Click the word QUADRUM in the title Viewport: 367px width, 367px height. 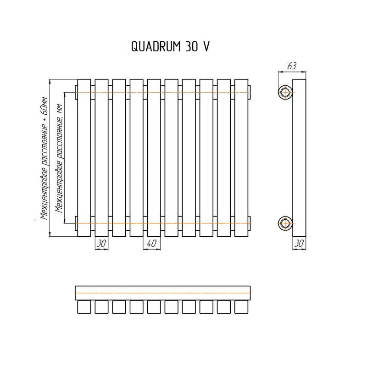(x=156, y=46)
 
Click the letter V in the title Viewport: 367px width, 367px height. (x=206, y=46)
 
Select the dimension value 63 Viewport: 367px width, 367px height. (x=292, y=66)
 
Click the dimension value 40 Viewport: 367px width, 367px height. (x=152, y=244)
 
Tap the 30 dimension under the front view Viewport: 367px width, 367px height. (x=101, y=244)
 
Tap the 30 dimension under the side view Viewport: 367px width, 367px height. (x=299, y=244)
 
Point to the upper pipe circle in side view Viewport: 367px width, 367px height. (x=285, y=92)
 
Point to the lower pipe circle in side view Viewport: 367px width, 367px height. (x=285, y=223)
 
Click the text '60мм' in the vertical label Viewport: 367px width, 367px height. (x=45, y=106)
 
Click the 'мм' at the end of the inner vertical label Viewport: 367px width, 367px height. (x=60, y=109)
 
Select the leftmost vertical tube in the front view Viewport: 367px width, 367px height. (x=84, y=158)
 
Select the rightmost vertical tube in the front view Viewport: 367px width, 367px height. (x=241, y=158)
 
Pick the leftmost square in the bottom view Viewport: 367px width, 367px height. (x=84, y=307)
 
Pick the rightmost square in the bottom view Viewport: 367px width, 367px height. (x=241, y=307)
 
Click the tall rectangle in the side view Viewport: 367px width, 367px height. (x=299, y=158)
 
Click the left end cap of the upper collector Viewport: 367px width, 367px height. (x=76, y=92)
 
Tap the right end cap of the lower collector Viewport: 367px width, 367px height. (x=249, y=223)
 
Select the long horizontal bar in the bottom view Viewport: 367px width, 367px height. (x=163, y=293)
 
